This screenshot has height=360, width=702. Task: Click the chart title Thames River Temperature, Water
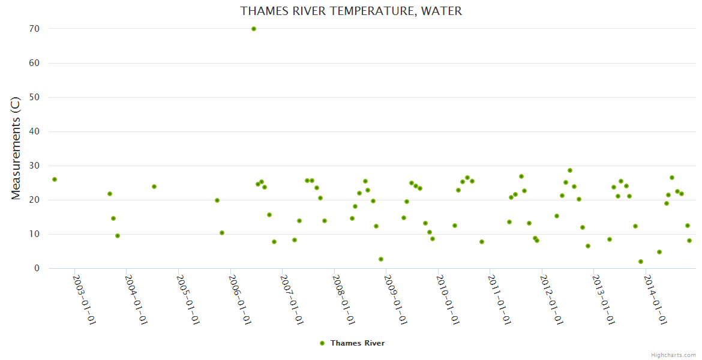pos(351,11)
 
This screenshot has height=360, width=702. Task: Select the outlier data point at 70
pos(254,29)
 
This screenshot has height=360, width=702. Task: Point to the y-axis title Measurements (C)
pos(16,148)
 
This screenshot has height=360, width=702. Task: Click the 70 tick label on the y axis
pos(34,29)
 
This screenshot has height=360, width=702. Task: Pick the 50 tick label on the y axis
pos(34,97)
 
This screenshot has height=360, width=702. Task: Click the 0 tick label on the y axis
pos(37,268)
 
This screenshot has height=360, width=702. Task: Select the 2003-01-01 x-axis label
pos(85,299)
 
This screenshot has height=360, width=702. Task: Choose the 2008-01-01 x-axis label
pos(344,299)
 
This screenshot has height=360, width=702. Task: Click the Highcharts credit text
pos(673,355)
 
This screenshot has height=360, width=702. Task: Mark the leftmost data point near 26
pos(55,179)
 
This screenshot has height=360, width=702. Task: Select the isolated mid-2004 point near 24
pos(154,187)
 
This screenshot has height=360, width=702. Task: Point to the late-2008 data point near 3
pos(381,259)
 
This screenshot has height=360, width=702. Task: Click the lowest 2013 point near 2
pos(641,262)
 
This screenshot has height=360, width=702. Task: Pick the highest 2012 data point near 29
pos(570,170)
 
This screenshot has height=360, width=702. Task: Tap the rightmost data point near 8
pos(689,241)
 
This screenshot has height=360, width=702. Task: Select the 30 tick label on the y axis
pos(34,166)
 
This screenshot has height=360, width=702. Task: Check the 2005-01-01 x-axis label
pos(188,299)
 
